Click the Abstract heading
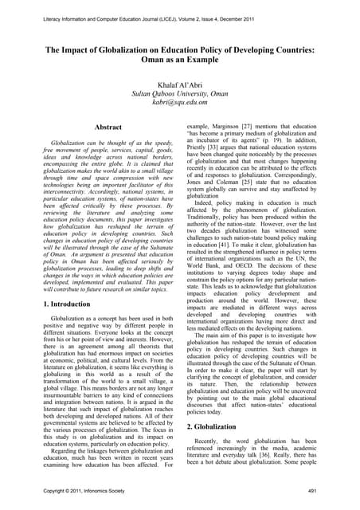pyautogui.click(x=108, y=127)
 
